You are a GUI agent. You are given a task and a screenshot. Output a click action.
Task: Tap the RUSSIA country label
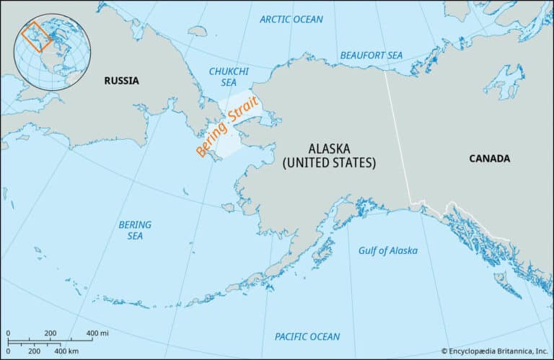point(121,81)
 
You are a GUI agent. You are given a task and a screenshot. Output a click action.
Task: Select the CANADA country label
point(489,159)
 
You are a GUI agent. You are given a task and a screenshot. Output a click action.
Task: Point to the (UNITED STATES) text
point(329,163)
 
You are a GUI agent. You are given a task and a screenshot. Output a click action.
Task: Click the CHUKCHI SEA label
point(228,77)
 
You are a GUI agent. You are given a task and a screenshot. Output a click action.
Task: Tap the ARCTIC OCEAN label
point(291,19)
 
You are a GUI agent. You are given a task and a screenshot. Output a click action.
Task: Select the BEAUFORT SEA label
point(371,55)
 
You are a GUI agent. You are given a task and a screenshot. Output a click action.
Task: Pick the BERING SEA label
point(135,230)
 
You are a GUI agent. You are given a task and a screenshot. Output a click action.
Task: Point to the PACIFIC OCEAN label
point(307,336)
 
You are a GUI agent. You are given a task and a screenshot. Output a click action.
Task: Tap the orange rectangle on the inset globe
point(35,37)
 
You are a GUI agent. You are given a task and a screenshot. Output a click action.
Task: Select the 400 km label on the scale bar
point(67,350)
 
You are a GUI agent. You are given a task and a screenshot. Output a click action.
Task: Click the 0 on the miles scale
point(8,333)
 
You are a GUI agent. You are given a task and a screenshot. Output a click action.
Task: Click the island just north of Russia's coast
point(196,31)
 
